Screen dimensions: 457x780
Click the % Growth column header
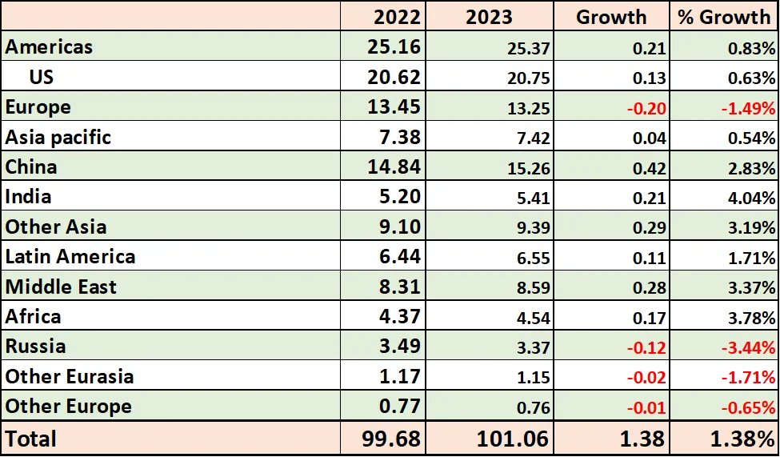724,17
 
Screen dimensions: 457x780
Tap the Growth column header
611,17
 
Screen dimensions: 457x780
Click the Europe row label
38,107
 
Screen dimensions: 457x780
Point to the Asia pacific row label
58,137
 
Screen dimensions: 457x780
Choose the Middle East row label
61,287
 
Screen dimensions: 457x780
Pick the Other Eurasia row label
70,376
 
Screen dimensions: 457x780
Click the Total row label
31,439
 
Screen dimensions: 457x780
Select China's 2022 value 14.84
393,167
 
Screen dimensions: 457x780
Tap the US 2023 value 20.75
529,78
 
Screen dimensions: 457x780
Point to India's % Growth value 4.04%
750,198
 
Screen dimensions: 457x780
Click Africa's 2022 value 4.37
398,317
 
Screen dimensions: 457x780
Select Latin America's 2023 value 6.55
534,258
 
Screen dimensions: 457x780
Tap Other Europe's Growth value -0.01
648,407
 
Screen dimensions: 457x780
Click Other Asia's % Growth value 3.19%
750,228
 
